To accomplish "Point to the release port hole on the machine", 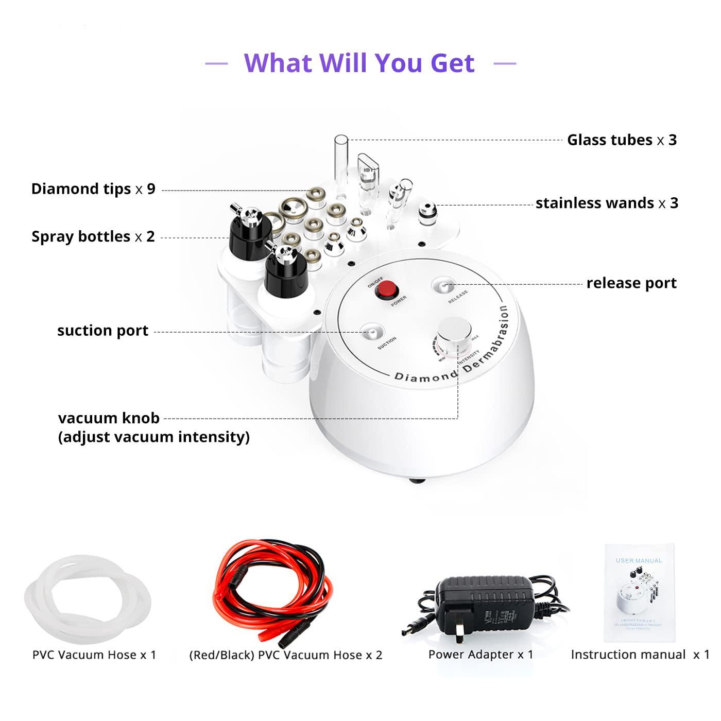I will tap(442, 285).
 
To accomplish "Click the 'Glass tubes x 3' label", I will tap(622, 140).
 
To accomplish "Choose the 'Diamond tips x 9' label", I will tap(93, 189).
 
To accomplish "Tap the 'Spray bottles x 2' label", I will tap(93, 236).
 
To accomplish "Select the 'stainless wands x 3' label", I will tap(607, 203).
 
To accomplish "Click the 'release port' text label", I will tap(631, 283).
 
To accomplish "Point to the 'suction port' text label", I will tap(102, 331).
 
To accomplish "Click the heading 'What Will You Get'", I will tap(359, 63).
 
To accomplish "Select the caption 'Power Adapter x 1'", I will tap(480, 655).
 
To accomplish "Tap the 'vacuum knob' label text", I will tap(109, 418).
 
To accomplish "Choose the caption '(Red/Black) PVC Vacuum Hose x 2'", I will tap(286, 655).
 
